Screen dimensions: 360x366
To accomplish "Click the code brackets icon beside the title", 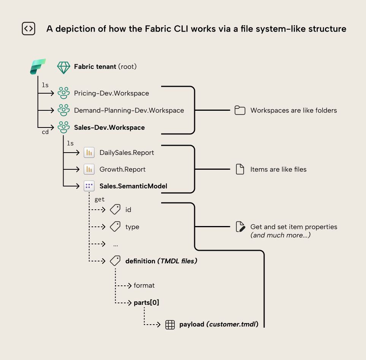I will (x=29, y=29).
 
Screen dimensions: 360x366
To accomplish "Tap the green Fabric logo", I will (x=38, y=67).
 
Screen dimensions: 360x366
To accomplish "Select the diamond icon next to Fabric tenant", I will (x=63, y=67).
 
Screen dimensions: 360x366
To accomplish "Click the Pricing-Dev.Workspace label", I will (x=111, y=93).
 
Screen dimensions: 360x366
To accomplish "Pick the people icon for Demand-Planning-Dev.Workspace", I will (x=63, y=110).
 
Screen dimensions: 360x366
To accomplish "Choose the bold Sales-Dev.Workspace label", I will (x=109, y=127).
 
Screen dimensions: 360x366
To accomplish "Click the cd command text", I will (x=45, y=132).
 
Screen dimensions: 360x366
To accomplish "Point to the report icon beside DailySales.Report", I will (x=89, y=153).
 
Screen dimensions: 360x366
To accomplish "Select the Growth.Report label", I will (x=122, y=169).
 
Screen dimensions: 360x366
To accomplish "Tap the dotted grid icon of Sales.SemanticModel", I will (x=89, y=186).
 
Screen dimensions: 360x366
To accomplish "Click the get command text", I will (x=100, y=199).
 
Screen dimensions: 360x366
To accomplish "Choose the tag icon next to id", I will (x=115, y=210).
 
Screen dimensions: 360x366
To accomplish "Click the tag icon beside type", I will (x=115, y=227).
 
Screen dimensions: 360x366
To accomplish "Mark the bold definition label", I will (x=140, y=261).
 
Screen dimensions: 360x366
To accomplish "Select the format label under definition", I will (x=144, y=285).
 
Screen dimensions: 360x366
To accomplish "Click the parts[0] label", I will (x=146, y=303).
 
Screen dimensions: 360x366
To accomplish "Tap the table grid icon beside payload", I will (x=170, y=325).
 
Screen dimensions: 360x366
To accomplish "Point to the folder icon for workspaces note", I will (x=240, y=111).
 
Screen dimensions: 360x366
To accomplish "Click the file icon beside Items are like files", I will (x=240, y=169).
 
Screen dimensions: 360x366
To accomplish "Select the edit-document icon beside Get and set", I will (x=240, y=227).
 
